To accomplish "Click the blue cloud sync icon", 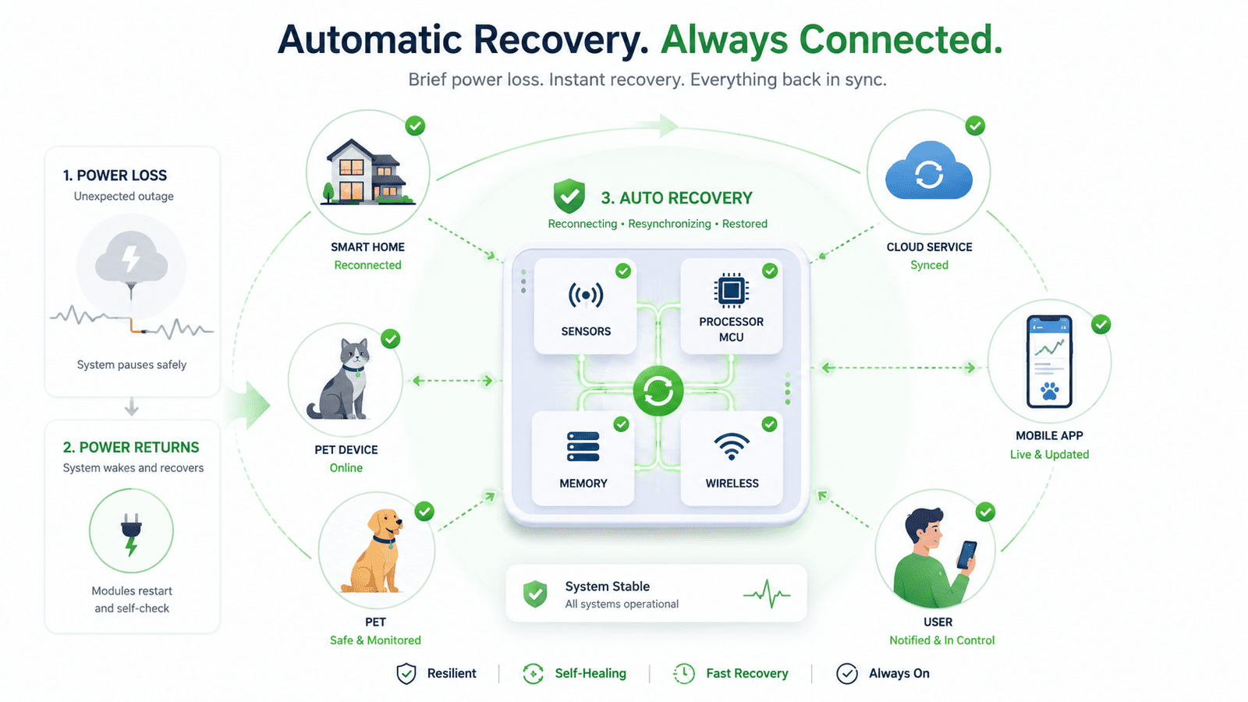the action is coord(929,171).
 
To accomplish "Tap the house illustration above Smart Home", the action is coord(367,172).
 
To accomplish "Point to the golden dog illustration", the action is coord(373,551).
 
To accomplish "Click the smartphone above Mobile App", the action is coord(1049,362).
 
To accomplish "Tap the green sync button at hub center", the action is coord(658,391).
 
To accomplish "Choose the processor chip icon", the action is coord(731,290).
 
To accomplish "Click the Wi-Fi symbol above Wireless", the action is coord(732,446).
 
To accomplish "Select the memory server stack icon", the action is coord(583,446).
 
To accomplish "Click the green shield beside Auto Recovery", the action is coord(569,196).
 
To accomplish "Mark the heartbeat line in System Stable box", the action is coord(767,594).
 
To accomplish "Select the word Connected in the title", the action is coord(900,40).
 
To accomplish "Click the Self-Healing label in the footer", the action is coord(590,674).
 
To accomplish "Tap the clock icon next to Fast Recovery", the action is coord(683,674).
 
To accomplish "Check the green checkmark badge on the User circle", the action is coord(985,512).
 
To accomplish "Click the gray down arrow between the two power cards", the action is coord(132,407).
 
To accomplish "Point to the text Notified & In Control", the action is coord(941,640).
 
